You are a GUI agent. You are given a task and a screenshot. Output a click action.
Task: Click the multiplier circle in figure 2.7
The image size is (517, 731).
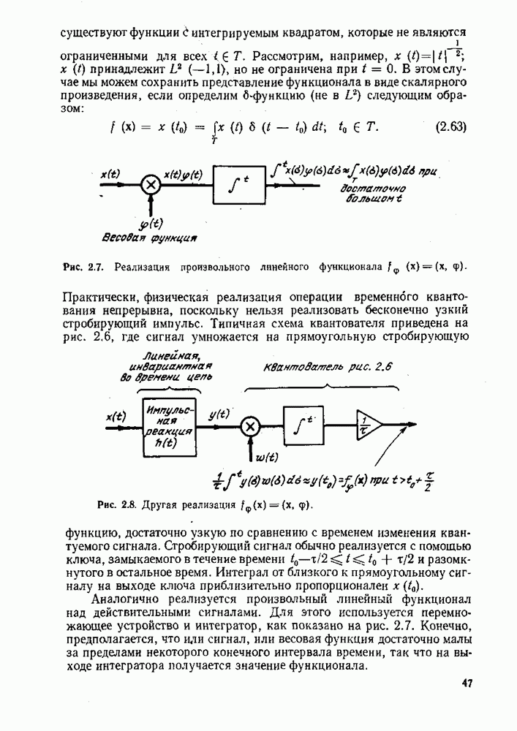151,185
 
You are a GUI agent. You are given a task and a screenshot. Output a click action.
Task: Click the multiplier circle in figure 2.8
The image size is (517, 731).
250,427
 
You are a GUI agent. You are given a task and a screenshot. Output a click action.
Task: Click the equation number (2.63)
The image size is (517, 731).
451,126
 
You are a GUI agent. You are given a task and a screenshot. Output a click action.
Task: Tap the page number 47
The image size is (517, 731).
468,683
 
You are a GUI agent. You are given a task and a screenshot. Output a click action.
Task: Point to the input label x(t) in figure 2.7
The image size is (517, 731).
110,174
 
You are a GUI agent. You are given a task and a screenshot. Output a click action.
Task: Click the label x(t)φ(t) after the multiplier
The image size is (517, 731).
184,174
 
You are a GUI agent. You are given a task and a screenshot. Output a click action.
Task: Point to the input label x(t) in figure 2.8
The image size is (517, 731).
116,416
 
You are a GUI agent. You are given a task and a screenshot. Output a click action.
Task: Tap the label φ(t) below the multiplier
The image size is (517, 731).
152,223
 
